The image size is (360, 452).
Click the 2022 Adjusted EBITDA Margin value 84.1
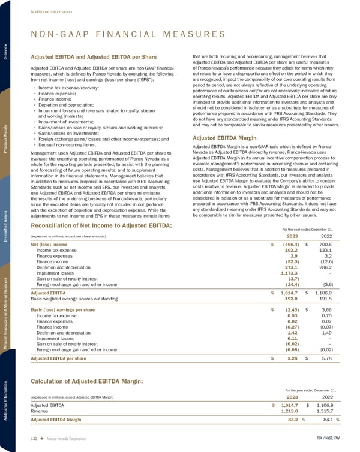coord(329,419)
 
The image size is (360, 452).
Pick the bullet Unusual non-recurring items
coord(67,144)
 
